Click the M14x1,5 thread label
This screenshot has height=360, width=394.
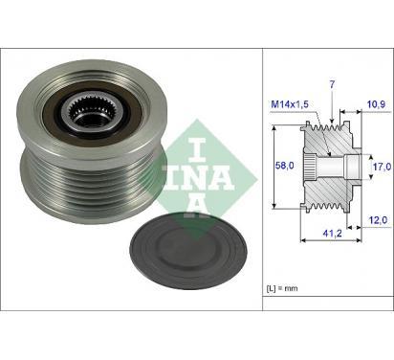(x=290, y=104)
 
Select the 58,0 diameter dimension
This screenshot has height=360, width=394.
(x=285, y=166)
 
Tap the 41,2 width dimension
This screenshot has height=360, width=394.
(x=333, y=234)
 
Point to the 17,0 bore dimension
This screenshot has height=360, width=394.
(x=382, y=167)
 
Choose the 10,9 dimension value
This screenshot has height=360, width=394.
(x=377, y=104)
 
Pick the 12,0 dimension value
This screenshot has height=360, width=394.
(x=378, y=220)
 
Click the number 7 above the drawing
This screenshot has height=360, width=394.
(x=332, y=84)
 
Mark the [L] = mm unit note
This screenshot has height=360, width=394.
(x=282, y=288)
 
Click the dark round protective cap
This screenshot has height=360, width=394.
(x=188, y=250)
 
